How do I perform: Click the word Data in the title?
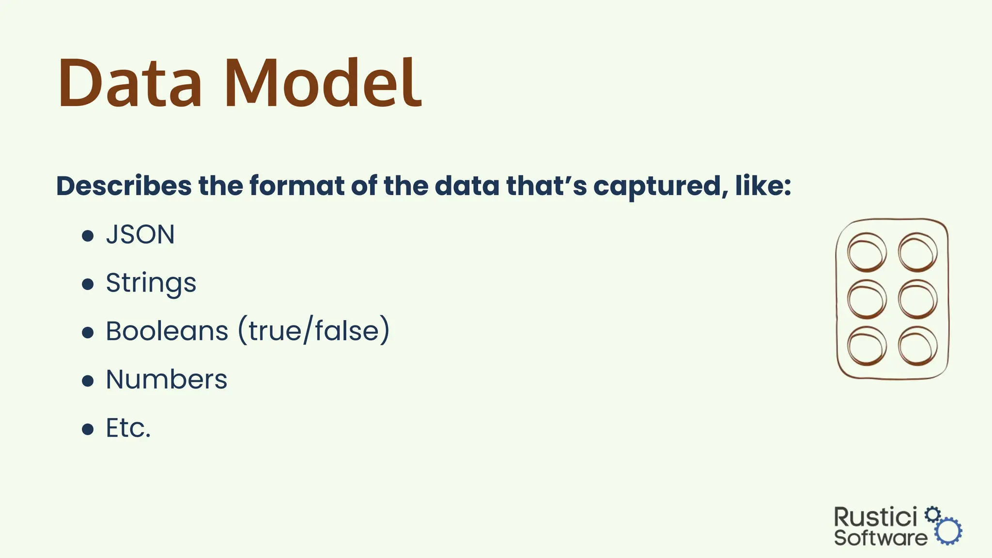(130, 83)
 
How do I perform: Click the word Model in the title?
(323, 83)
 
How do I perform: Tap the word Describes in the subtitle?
(124, 186)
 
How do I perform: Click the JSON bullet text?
(140, 235)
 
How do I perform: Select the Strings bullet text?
(151, 283)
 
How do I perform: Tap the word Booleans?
(167, 331)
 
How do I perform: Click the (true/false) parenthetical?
(314, 331)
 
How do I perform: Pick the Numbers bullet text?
(167, 380)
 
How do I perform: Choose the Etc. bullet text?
(128, 428)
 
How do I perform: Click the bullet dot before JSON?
(88, 236)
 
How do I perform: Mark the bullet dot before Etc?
(88, 430)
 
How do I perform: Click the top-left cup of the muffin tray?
(867, 252)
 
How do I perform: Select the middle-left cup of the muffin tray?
(867, 299)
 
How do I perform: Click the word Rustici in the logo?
(875, 517)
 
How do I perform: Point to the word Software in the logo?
(880, 538)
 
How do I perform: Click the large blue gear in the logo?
(948, 531)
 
